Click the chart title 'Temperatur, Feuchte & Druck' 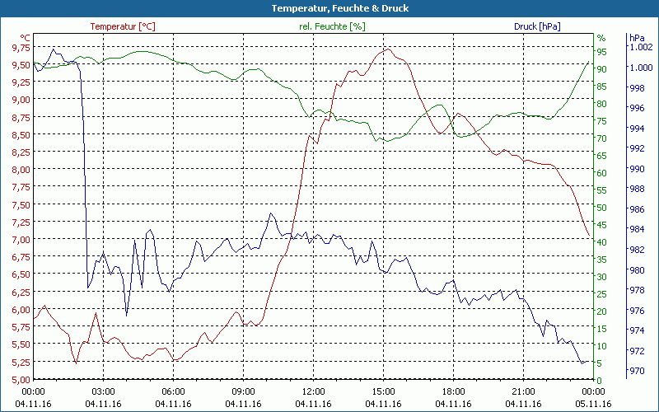point(329,8)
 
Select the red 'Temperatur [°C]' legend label point(123,26)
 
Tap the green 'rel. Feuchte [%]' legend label point(331,26)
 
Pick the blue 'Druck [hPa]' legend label point(537,26)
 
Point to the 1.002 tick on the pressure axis point(641,47)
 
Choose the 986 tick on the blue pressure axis point(637,209)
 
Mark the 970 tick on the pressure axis point(637,372)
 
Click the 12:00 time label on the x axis point(313,391)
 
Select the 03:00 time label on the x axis point(103,391)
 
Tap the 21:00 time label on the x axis point(524,391)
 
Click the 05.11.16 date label point(594,404)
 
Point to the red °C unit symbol point(25,38)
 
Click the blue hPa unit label point(637,38)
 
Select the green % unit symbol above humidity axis point(601,38)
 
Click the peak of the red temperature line point(387,49)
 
